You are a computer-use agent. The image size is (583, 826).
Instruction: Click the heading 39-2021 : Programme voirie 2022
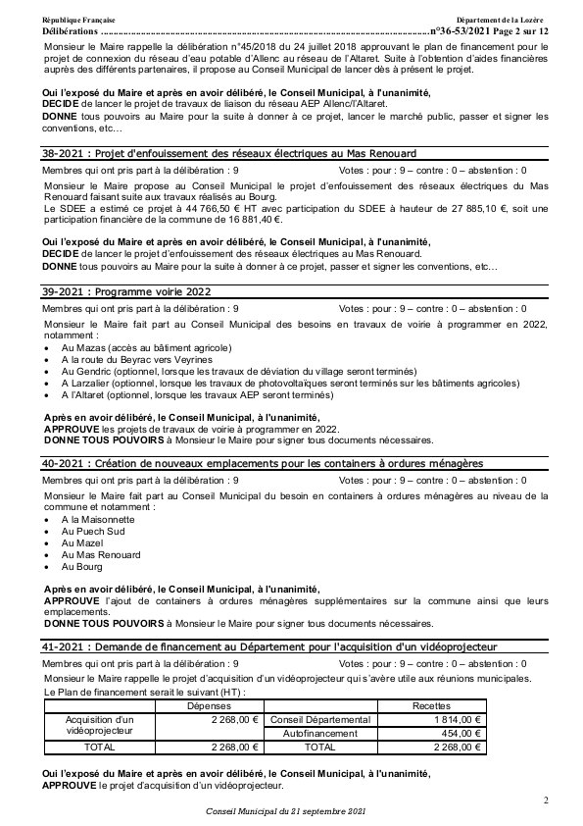(x=126, y=291)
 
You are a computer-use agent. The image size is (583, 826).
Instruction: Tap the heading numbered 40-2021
(x=263, y=462)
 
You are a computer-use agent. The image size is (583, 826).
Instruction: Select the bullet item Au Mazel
(x=82, y=542)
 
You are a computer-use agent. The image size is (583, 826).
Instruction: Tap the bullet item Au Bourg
(x=82, y=566)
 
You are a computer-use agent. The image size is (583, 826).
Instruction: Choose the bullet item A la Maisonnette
(x=98, y=518)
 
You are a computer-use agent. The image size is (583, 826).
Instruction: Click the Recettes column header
(x=431, y=705)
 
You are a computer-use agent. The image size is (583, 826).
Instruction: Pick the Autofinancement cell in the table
(x=318, y=733)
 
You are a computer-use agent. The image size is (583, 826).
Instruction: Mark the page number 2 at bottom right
(x=546, y=801)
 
